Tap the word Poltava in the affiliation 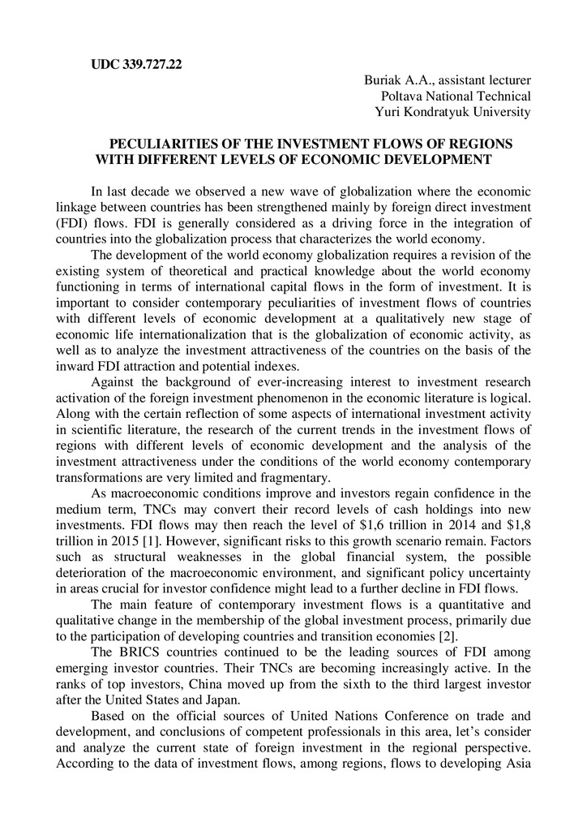391,96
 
